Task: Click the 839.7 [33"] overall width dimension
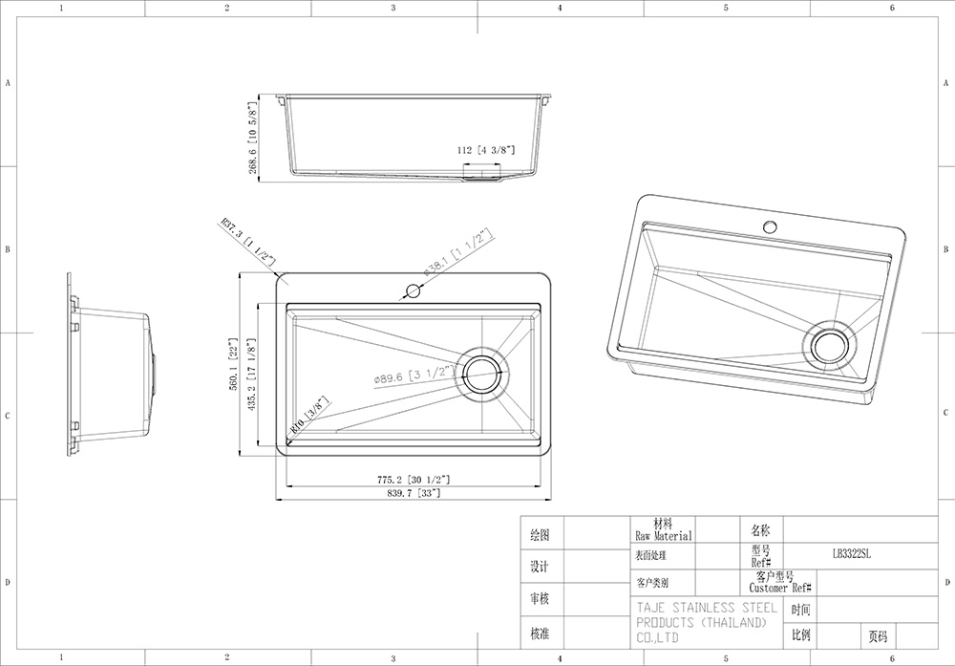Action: pyautogui.click(x=414, y=494)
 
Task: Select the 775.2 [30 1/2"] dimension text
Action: pyautogui.click(x=414, y=479)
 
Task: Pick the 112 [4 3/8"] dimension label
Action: pyautogui.click(x=486, y=150)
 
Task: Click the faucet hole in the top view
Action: pyautogui.click(x=414, y=290)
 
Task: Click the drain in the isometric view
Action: pyautogui.click(x=827, y=346)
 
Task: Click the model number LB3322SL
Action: pyautogui.click(x=852, y=553)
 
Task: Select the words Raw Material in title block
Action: pyautogui.click(x=662, y=536)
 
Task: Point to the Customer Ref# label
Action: pyautogui.click(x=780, y=589)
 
